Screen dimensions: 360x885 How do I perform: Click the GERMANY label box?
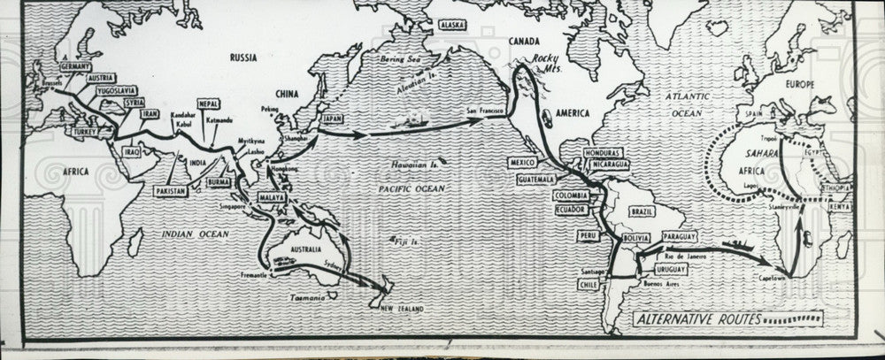click(77, 66)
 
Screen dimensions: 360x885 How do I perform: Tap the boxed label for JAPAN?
click(331, 118)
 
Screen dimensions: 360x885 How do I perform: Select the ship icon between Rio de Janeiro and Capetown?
click(735, 244)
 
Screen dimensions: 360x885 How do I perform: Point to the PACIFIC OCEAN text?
click(412, 188)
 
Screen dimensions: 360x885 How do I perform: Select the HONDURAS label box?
click(604, 153)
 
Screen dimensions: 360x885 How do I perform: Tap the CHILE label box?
click(589, 285)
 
